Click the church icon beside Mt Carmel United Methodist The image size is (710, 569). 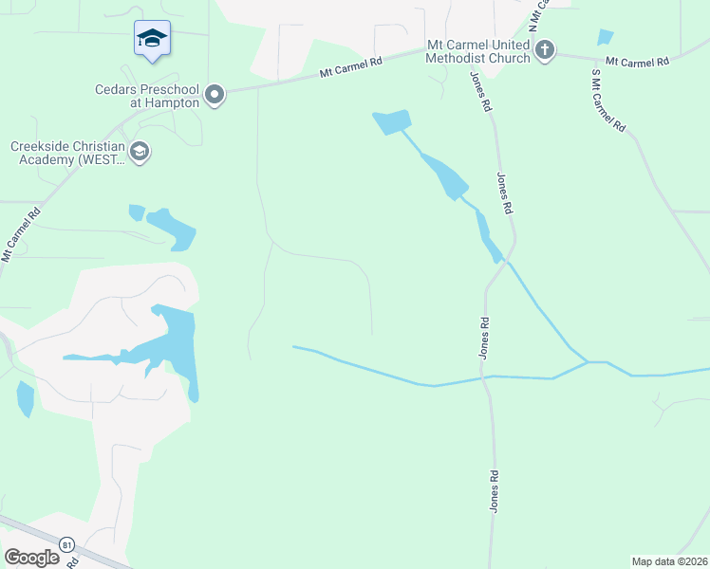click(544, 50)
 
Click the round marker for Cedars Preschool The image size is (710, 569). click(215, 94)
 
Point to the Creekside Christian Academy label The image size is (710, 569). click(66, 153)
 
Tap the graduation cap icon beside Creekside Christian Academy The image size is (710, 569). click(140, 152)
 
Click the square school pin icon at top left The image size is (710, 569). click(152, 39)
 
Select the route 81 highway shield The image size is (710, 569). click(66, 544)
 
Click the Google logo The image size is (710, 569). click(31, 558)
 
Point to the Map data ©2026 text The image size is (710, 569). click(669, 561)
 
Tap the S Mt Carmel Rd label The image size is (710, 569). click(608, 100)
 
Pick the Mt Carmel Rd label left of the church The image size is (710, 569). click(350, 65)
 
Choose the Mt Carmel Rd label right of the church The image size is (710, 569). click(637, 62)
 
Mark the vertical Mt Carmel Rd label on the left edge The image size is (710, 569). click(20, 234)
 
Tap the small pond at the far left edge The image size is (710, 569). click(25, 398)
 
